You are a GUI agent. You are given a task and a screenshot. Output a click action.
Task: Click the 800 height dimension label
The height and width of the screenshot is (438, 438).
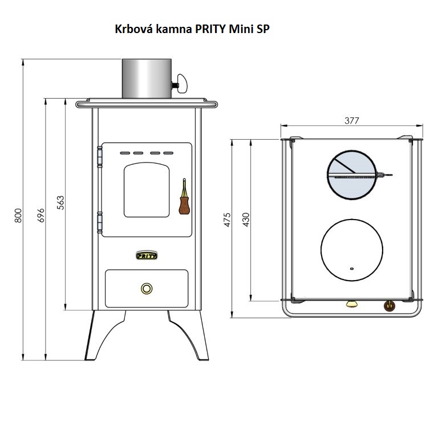click(18, 216)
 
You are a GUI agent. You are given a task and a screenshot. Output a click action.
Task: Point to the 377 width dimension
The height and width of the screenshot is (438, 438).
click(352, 120)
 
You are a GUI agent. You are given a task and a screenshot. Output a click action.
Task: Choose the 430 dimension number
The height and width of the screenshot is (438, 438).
click(246, 220)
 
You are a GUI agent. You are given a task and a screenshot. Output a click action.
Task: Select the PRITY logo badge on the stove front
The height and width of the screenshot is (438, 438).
click(147, 255)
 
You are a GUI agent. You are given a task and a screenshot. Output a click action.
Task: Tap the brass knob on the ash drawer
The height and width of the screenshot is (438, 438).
click(147, 289)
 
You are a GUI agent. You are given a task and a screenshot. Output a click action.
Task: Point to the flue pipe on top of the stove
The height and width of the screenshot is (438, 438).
click(147, 78)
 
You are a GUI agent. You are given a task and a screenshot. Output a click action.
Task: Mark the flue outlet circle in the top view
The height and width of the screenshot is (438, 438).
click(351, 176)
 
